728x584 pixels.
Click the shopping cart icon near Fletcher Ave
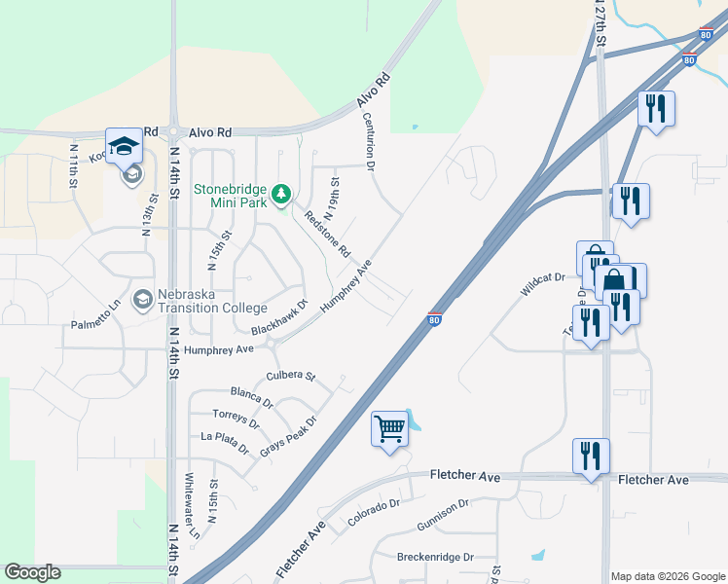click(389, 427)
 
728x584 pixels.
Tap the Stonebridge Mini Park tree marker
click(281, 195)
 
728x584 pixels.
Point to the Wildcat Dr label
click(542, 285)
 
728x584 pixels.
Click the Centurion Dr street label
click(370, 142)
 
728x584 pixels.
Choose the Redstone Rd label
click(327, 234)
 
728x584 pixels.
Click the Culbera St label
click(291, 376)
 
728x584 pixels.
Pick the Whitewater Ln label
click(194, 507)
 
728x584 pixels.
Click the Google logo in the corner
click(32, 572)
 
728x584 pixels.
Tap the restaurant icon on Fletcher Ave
click(591, 456)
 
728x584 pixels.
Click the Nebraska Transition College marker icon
click(143, 299)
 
